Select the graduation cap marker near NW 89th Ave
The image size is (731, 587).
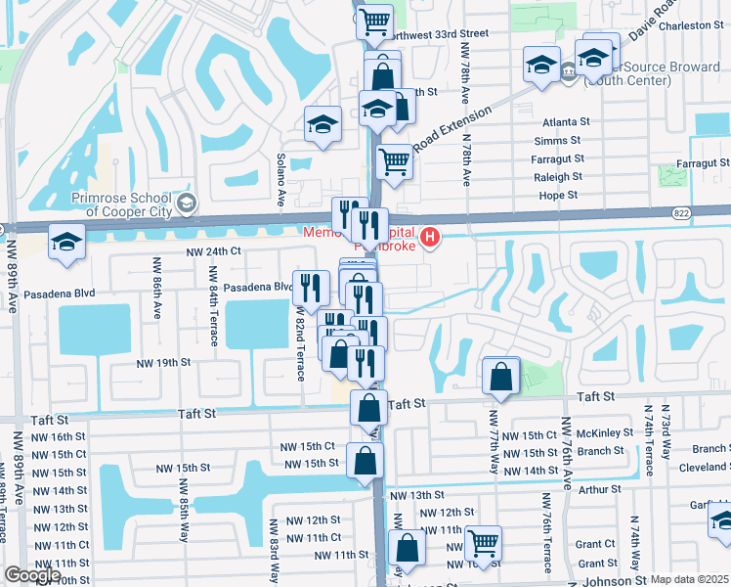tap(66, 243)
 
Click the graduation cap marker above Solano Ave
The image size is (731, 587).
tap(322, 124)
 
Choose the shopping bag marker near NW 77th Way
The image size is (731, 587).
tap(500, 376)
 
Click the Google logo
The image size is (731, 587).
tap(32, 575)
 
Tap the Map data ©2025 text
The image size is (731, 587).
tap(690, 579)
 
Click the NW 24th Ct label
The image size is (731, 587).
tap(215, 251)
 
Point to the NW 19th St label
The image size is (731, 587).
tap(162, 362)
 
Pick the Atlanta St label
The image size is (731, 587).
tap(563, 122)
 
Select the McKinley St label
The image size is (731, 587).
tap(601, 434)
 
